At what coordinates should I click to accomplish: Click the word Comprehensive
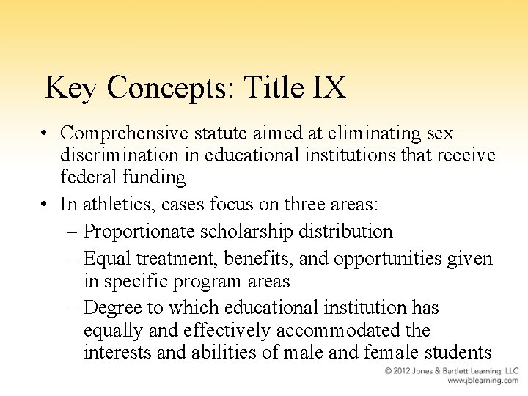[124, 133]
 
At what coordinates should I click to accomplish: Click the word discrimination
[120, 155]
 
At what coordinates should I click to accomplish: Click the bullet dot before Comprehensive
[45, 133]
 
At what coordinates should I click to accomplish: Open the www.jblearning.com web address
[483, 381]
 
